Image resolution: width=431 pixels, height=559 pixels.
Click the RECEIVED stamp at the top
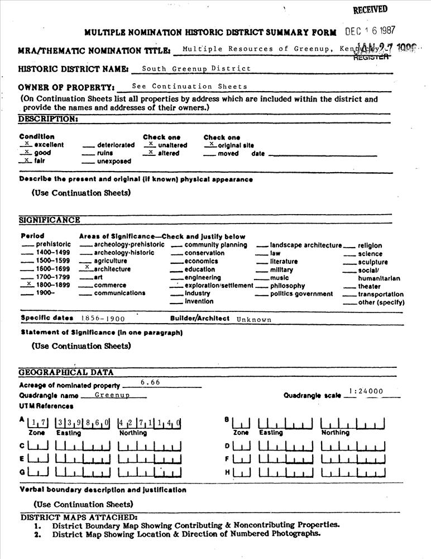coord(370,10)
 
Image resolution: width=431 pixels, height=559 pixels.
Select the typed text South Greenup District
coord(196,69)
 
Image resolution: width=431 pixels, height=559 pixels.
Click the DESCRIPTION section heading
coord(47,119)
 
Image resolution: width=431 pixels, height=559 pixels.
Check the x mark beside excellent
coord(26,144)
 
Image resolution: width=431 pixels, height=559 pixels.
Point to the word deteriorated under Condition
coord(116,145)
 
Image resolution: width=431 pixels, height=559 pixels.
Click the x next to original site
coord(210,144)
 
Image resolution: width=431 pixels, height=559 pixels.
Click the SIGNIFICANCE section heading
coord(49,220)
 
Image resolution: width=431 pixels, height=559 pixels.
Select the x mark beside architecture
coord(87,268)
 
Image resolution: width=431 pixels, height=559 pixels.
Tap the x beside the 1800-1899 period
coord(27,284)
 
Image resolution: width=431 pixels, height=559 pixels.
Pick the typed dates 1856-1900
coord(103,319)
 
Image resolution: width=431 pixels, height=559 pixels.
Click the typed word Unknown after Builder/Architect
coord(254,320)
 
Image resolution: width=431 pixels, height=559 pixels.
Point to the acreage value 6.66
coord(150,382)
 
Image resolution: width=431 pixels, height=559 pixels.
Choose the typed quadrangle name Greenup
coord(112,395)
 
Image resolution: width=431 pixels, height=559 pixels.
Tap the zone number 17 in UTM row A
coord(39,423)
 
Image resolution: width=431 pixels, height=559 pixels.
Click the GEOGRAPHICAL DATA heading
coord(66,372)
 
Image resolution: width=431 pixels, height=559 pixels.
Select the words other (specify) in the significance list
coord(381,302)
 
